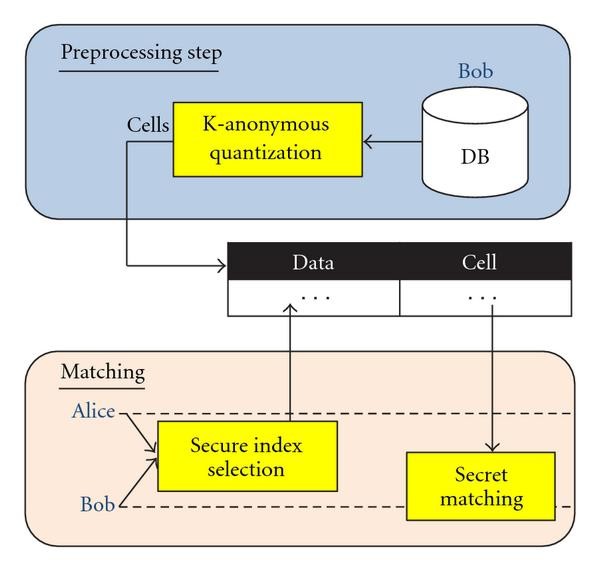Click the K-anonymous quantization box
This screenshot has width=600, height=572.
point(266,140)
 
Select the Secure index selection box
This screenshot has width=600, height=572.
point(245,456)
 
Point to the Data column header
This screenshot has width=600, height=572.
point(313,263)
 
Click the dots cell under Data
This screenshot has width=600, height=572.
point(314,297)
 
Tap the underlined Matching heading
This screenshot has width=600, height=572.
point(103,373)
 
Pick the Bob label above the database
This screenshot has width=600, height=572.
point(476,72)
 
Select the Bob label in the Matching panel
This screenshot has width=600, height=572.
point(97,507)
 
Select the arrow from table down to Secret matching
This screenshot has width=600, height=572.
point(491,380)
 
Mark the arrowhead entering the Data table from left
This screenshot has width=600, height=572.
point(221,265)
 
